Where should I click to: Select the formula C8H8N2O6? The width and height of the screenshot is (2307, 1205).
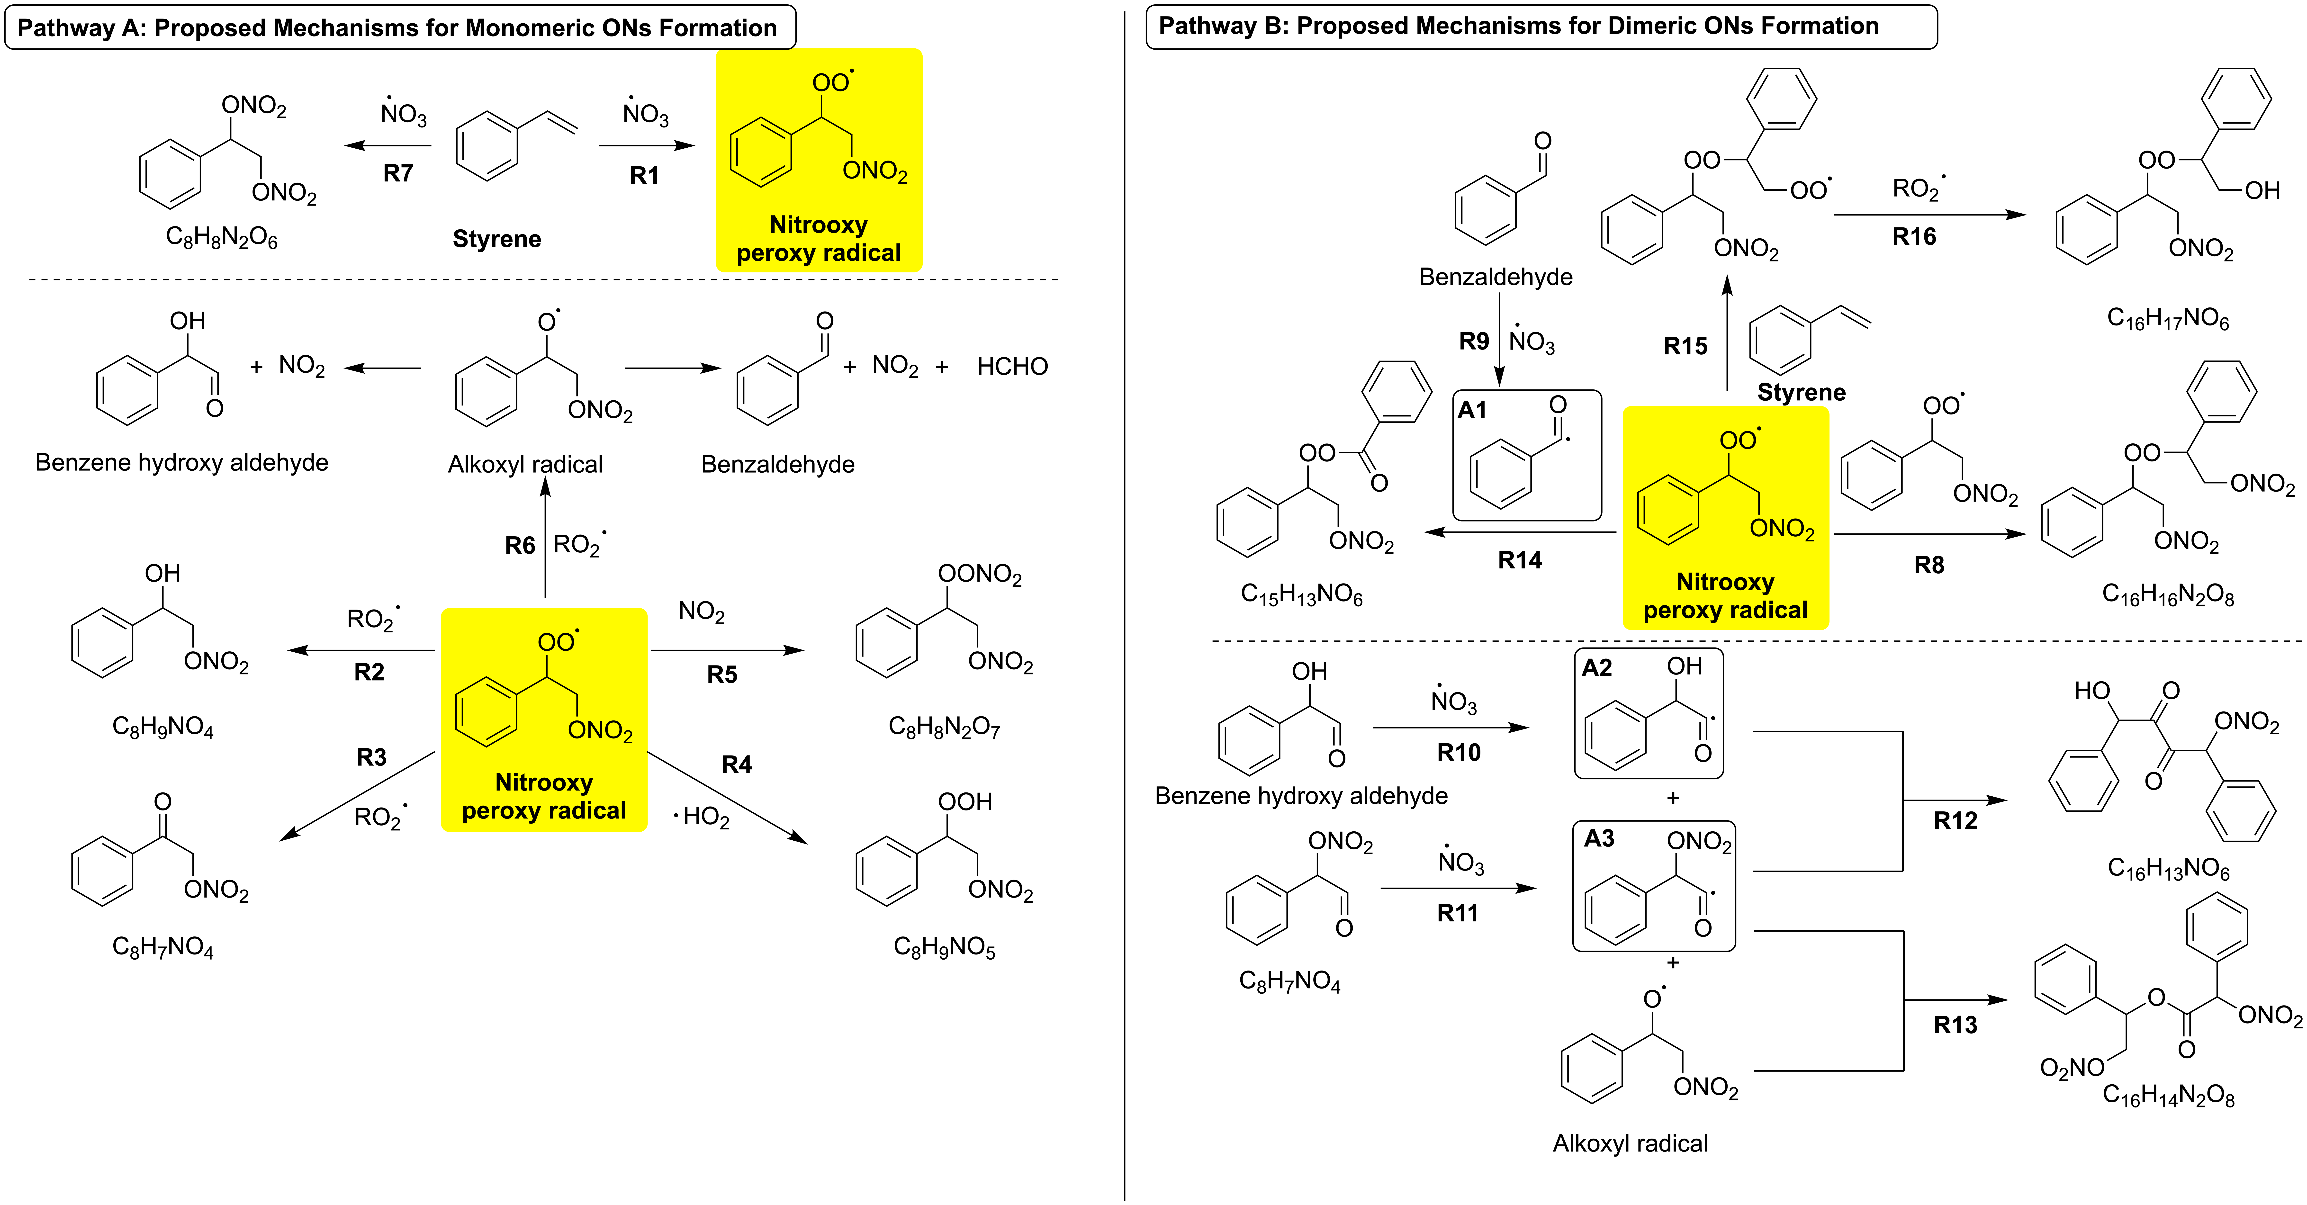[222, 237]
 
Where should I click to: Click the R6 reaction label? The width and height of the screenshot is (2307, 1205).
[519, 545]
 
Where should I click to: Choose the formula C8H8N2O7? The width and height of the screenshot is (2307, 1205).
[944, 726]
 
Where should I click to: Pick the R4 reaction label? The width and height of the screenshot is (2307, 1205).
[736, 764]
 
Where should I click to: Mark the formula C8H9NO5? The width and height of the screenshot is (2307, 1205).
[944, 947]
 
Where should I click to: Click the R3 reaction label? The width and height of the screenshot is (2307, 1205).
[372, 757]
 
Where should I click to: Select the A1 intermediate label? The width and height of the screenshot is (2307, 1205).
[1471, 410]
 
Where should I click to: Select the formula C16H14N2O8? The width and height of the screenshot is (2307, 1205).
[2168, 1095]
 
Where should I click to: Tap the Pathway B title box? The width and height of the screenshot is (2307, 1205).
[1541, 27]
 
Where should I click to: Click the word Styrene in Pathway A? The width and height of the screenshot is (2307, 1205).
[497, 239]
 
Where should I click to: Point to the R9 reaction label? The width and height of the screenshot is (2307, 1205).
[1473, 341]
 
